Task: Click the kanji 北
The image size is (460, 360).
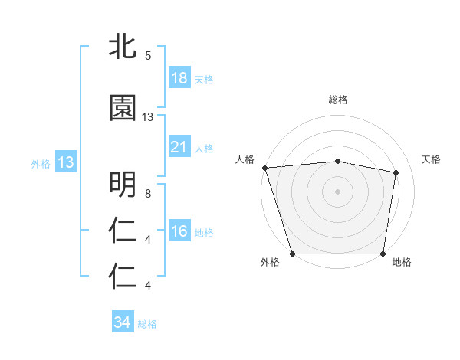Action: click(x=123, y=47)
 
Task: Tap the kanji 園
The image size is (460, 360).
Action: click(x=123, y=108)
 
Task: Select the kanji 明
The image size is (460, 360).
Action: click(x=123, y=185)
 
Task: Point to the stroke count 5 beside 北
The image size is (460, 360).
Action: click(x=147, y=56)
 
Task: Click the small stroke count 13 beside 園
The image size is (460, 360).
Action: click(x=148, y=117)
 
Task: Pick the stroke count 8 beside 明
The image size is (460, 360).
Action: click(x=147, y=194)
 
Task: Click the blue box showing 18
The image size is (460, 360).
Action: click(x=179, y=78)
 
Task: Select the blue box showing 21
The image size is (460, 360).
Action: click(x=179, y=147)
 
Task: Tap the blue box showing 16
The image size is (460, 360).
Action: click(x=179, y=231)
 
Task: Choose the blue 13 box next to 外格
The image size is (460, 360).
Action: click(x=65, y=162)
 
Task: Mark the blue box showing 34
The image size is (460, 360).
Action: click(x=122, y=322)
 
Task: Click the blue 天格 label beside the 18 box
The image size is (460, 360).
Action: click(x=204, y=79)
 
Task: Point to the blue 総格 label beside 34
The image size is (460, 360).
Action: click(x=147, y=323)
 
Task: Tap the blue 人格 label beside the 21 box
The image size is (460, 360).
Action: click(x=204, y=148)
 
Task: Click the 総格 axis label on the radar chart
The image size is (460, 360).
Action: click(x=338, y=100)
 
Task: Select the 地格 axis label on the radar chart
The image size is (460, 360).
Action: click(x=402, y=263)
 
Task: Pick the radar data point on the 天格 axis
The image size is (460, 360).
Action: click(x=397, y=172)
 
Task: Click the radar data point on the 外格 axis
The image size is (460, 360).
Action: click(x=292, y=254)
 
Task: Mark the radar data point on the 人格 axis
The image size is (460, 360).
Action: click(x=264, y=168)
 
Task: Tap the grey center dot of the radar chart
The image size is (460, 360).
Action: click(x=338, y=191)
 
